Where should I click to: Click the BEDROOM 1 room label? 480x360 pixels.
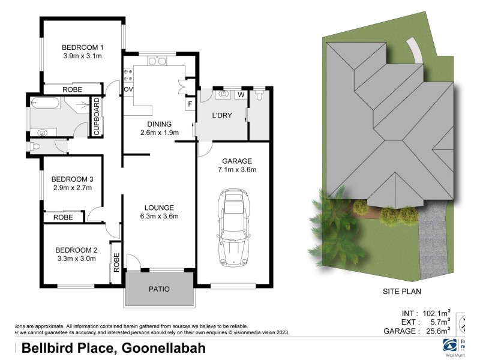pos(83,48)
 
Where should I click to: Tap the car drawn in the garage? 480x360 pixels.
pos(233,228)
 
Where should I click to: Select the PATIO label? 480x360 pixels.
pos(159,289)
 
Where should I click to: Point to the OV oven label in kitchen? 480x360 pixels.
pos(128,90)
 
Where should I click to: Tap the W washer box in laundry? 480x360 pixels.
pos(241,95)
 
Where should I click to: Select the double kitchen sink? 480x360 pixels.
pos(157,61)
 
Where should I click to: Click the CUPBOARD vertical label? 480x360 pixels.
pos(95,116)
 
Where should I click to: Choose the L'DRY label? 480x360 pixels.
pos(222,115)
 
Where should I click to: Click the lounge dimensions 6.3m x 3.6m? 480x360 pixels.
pos(159,217)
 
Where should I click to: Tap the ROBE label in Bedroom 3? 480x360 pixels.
pos(63,217)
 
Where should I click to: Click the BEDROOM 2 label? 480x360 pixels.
pos(76,250)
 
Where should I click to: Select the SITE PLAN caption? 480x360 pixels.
pos(402,292)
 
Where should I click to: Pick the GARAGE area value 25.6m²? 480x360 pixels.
pos(436,331)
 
